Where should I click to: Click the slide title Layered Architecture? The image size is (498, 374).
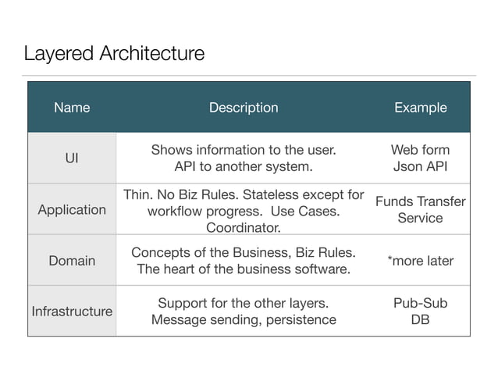(114, 54)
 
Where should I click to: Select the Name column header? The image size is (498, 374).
(72, 108)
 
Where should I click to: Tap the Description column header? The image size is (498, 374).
(244, 108)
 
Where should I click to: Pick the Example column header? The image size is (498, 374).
(420, 108)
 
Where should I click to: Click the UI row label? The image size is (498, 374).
(72, 158)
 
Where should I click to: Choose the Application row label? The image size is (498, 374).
(72, 209)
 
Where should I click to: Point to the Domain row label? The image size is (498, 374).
(72, 261)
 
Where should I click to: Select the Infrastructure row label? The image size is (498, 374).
(72, 312)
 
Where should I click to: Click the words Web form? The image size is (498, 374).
(420, 149)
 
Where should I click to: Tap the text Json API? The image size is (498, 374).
(420, 166)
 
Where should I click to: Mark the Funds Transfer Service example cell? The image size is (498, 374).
(420, 209)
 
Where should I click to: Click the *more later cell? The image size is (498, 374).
(420, 261)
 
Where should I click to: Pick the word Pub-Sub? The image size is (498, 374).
(420, 303)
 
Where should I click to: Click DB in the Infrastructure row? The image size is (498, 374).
(420, 320)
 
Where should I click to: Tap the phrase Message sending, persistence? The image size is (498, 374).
(244, 320)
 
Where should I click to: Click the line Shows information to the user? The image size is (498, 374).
(244, 149)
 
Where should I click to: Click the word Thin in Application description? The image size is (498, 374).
(137, 194)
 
